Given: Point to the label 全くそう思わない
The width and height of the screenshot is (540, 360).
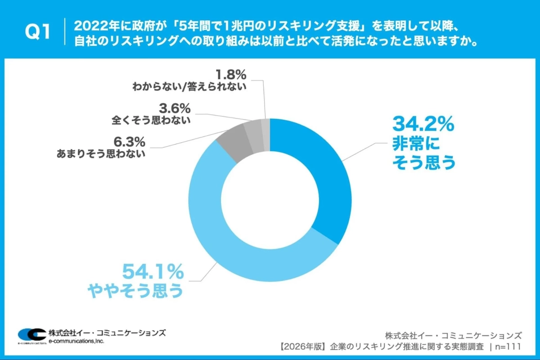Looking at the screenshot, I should pos(151,120).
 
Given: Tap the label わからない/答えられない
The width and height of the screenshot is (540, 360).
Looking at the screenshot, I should pos(189,85).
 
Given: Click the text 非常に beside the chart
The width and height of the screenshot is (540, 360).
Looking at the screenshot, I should pos(414,145).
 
